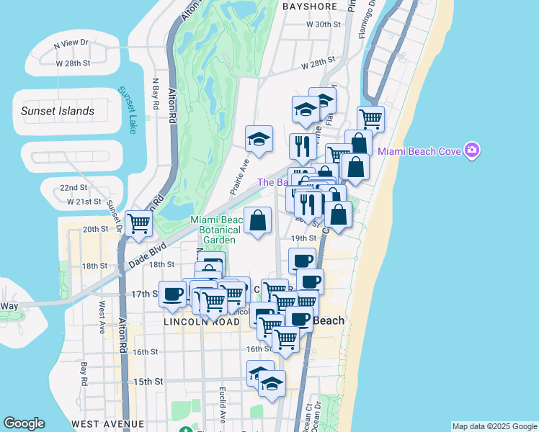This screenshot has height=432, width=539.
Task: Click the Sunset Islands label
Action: point(58,111)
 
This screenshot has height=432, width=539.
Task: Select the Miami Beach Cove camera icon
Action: point(473,150)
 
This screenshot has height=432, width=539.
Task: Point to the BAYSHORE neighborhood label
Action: point(310,6)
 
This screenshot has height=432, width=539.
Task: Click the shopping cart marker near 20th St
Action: point(138,223)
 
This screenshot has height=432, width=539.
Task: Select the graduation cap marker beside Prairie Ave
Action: point(259,138)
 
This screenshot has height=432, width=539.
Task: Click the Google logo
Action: point(24,423)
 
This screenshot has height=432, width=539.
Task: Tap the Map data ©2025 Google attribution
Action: point(494,426)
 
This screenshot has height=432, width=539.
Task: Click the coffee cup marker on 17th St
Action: point(172,293)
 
